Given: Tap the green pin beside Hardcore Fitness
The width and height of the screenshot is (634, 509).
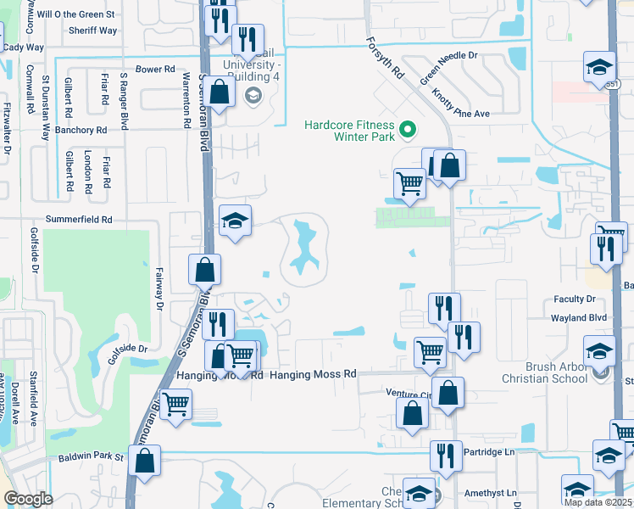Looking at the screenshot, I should click(408, 130).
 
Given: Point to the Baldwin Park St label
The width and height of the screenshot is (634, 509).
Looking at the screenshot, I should click(91, 457).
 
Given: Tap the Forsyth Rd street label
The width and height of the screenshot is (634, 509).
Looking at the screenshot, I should click(385, 59).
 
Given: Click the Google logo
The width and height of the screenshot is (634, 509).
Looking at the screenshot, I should click(28, 498).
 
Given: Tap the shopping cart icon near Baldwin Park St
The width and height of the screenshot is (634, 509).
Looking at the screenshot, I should click(175, 404).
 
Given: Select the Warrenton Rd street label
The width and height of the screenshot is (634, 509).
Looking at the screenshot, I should click(186, 99).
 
